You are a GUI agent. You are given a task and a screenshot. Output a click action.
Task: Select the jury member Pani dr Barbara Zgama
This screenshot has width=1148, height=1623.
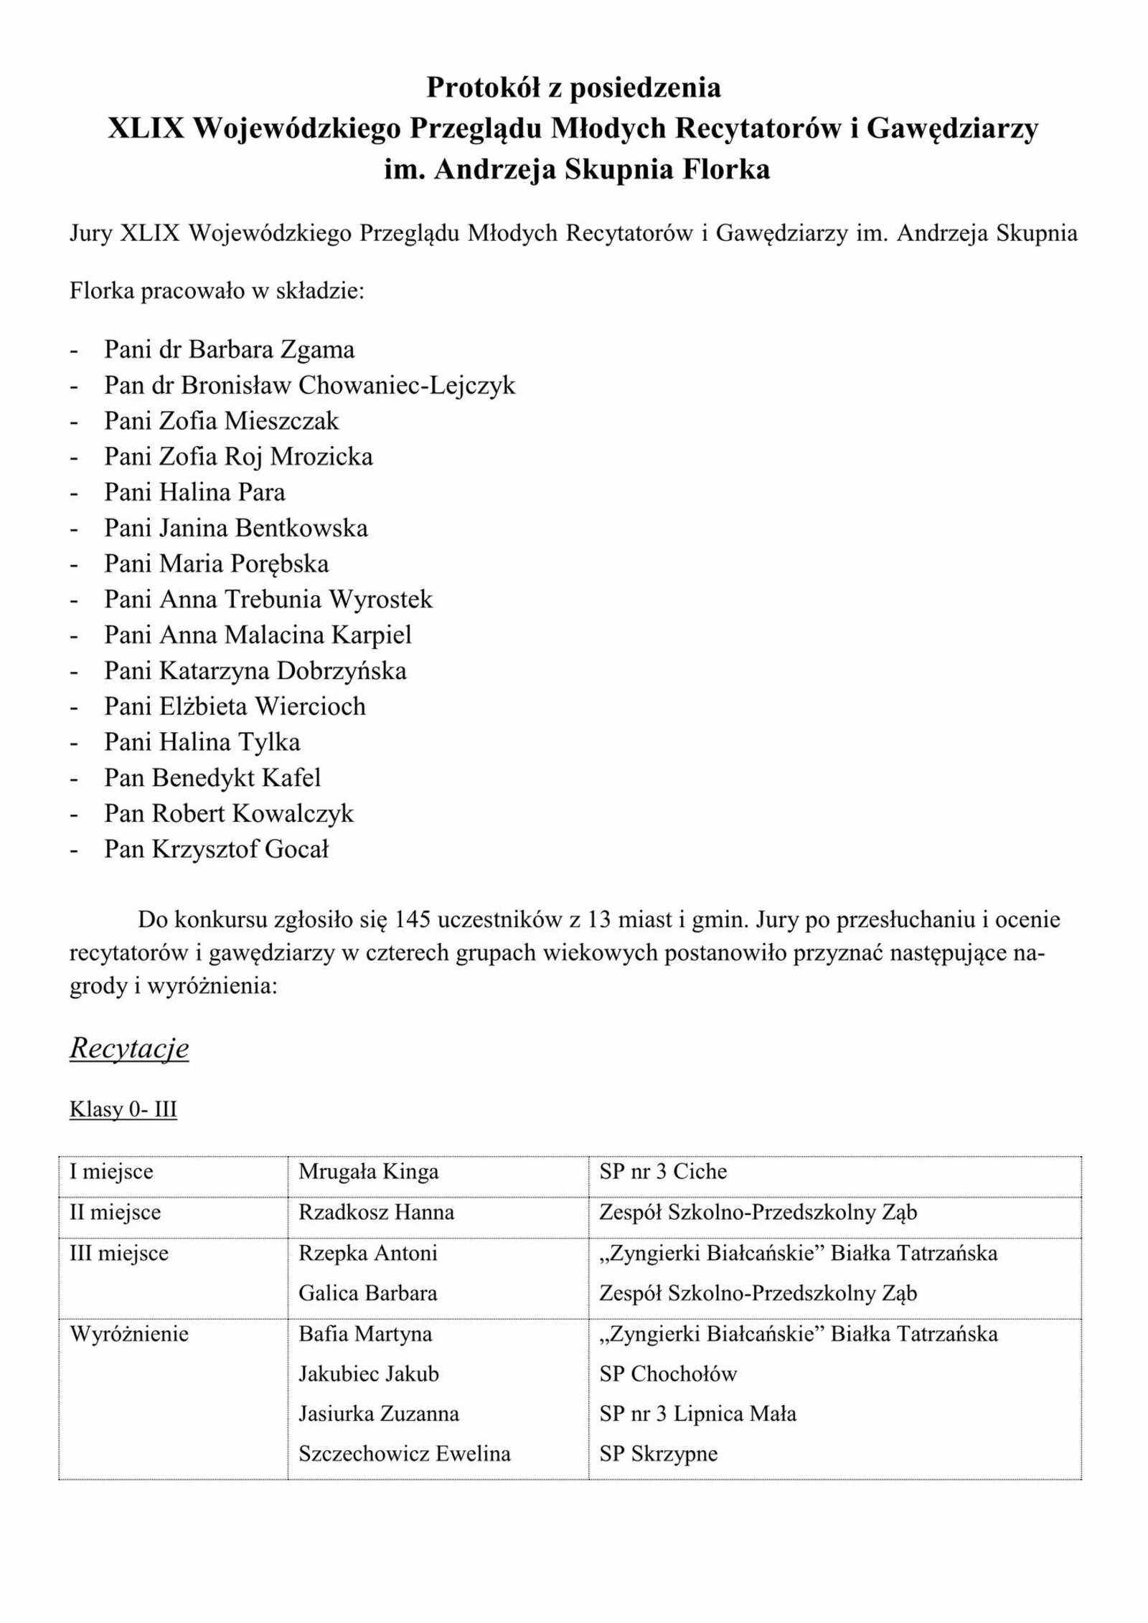[x=229, y=350]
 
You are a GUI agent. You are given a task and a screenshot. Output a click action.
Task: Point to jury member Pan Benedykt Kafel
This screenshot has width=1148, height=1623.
[x=212, y=778]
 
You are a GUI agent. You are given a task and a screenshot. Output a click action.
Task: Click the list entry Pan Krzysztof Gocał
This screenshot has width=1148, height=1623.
[x=216, y=850]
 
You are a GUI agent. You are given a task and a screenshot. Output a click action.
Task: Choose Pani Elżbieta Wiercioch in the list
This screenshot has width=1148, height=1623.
[x=235, y=706]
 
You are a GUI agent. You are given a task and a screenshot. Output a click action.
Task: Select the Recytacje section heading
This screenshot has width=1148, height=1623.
[x=129, y=1049]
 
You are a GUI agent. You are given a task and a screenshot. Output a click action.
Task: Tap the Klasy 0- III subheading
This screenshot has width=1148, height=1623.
[x=123, y=1109]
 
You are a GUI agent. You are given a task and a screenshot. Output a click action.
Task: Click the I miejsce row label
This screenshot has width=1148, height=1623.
[x=111, y=1171]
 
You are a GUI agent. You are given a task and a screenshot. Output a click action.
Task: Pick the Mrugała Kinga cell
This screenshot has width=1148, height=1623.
[x=368, y=1171]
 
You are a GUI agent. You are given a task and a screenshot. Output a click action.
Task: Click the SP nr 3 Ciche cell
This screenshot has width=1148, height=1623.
[x=663, y=1171]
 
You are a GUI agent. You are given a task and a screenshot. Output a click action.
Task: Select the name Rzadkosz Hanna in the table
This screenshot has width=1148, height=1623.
[x=376, y=1213]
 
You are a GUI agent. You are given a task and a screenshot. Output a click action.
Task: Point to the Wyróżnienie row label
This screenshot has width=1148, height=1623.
[x=128, y=1334]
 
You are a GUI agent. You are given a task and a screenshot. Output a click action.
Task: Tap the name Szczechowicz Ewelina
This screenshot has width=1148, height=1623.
[x=405, y=1454]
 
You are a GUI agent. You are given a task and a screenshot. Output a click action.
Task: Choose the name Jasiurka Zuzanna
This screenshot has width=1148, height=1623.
[x=378, y=1414]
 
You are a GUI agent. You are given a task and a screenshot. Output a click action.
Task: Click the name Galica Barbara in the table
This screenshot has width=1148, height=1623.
[x=367, y=1293]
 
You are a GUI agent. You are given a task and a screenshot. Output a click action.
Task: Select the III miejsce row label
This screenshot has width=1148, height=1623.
[x=119, y=1253]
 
